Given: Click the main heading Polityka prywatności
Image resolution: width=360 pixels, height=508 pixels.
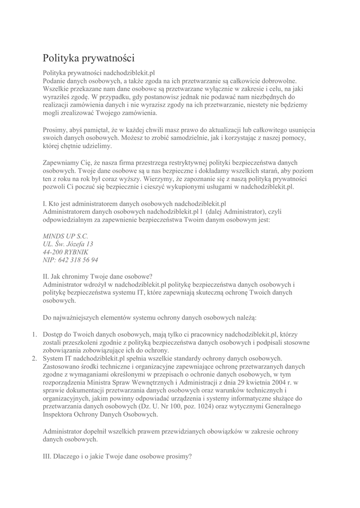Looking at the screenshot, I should coord(88,59).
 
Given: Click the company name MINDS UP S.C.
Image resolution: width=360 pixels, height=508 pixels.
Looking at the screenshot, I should coord(66,236).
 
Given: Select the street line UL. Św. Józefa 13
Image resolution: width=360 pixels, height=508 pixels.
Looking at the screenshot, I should coord(68,244).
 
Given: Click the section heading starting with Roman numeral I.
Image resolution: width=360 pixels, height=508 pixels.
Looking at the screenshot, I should coord(134,203).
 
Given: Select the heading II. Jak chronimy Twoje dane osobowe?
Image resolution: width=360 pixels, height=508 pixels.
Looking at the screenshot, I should coord(98,276).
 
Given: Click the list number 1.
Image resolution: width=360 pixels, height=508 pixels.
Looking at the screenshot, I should coord(35,334).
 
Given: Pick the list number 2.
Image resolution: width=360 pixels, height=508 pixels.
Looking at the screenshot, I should coord(35,358).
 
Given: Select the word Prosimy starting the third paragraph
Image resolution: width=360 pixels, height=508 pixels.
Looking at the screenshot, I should coord(56,130).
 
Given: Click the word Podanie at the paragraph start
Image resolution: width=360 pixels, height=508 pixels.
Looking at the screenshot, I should coord(55,80).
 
